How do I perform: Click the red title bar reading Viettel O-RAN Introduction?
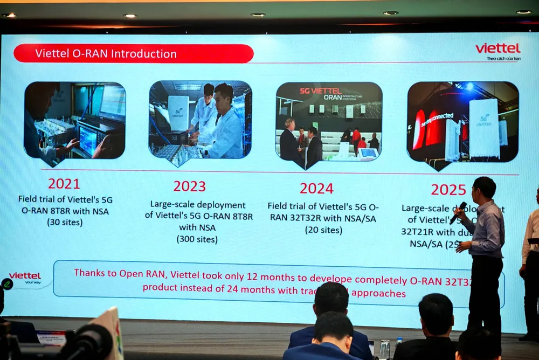point(133,54)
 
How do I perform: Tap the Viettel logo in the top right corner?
point(497,49)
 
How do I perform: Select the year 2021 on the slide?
point(64,184)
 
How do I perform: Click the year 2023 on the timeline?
point(189,186)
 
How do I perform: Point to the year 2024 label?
point(317,188)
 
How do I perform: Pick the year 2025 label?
point(448,190)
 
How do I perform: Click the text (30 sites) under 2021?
point(65,222)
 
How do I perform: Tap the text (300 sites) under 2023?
point(197,239)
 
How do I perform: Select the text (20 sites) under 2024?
point(323,230)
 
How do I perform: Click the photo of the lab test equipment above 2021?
point(74,121)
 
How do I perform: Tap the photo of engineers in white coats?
point(200,120)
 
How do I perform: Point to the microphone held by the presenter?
point(458,212)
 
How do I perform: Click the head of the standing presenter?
point(484,188)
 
